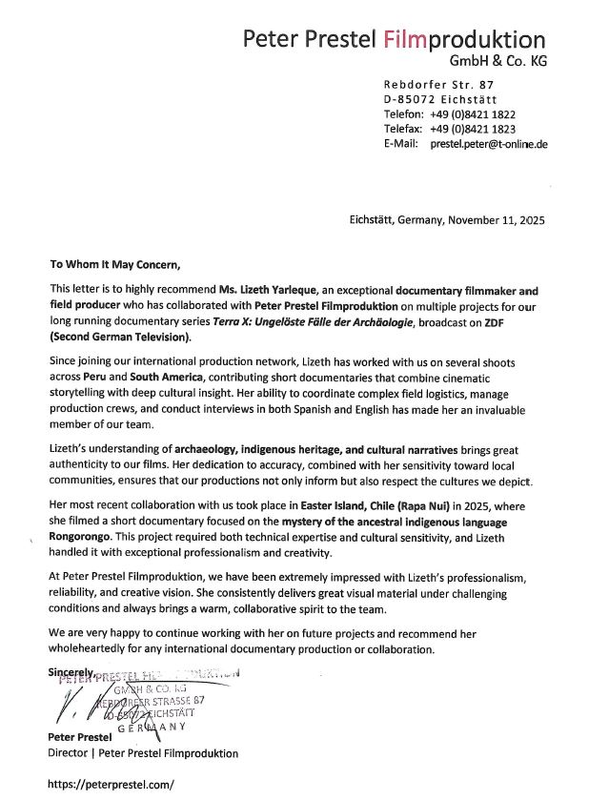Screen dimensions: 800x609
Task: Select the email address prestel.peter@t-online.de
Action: pos(488,144)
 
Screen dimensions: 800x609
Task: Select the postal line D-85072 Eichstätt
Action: pos(439,99)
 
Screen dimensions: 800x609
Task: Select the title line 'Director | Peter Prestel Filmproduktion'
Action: pos(143,753)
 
